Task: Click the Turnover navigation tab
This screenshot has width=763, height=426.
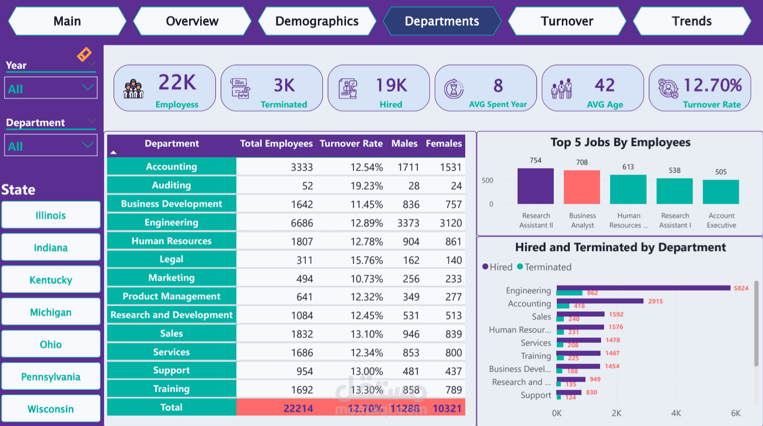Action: coord(567,21)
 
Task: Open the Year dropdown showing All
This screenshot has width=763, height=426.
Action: coord(51,89)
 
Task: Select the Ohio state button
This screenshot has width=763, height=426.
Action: coord(51,345)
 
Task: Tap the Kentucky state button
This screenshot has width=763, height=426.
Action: coord(51,280)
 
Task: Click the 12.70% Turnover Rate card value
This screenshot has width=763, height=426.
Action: coord(713,86)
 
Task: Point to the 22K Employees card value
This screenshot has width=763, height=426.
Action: coord(177,83)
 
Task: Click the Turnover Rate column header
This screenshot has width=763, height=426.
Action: coord(351,144)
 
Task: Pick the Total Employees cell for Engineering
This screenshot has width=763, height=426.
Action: coord(302,223)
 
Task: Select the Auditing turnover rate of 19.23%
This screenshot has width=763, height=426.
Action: coord(367,186)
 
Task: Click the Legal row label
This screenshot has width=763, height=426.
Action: coord(172,260)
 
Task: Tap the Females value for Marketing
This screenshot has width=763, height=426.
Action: coord(453,279)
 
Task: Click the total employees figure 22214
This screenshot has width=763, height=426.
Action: coord(298,408)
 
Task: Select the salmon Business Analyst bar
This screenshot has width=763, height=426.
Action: coord(582,187)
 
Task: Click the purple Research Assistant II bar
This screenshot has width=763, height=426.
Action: coord(536,186)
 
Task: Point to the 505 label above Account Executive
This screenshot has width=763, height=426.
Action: coord(721,172)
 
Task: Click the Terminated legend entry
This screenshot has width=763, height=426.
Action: coord(544,267)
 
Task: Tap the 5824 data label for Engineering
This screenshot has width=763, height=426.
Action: coord(741,288)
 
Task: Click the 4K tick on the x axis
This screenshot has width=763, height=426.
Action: coord(676,413)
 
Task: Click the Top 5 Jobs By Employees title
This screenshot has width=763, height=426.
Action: coord(620,143)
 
